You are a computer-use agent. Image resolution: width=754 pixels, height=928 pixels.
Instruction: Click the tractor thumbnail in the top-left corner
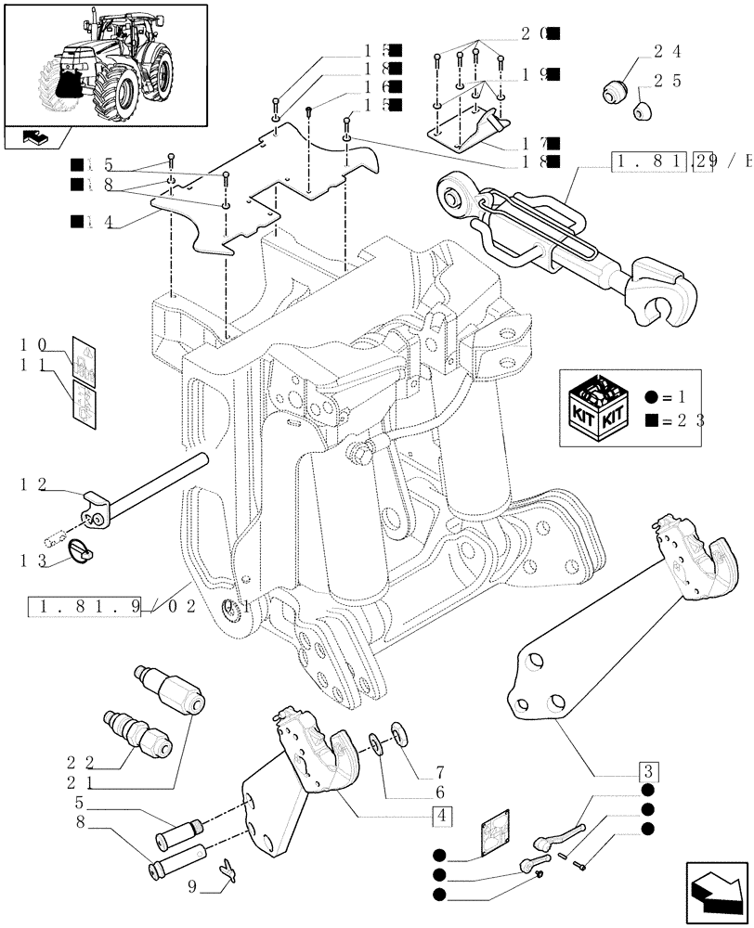104,64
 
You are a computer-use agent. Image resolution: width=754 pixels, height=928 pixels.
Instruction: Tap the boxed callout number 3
647,771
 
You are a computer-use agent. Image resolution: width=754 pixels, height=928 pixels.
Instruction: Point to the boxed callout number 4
442,817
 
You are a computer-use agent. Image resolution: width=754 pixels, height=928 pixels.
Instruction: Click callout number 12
32,484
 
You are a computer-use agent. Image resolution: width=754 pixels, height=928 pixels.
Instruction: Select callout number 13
32,560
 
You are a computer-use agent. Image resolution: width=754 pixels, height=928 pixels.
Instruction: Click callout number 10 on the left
32,345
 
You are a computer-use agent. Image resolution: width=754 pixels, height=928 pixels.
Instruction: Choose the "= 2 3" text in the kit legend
677,419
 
